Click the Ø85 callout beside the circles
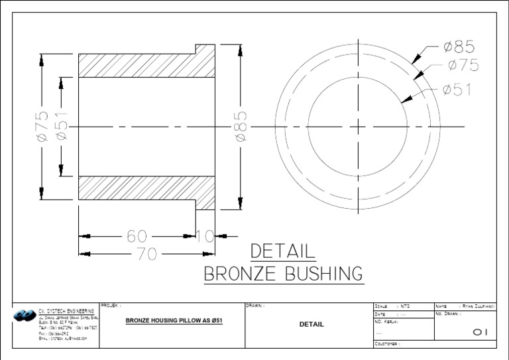coord(459,47)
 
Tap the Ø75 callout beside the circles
coord(463,65)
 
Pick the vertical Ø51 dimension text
coord(61,126)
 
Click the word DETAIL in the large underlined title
coord(283,251)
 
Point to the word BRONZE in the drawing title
coord(245,274)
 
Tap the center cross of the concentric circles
coord(357,126)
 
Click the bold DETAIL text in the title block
coord(311,324)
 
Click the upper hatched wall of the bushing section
coord(146,65)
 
